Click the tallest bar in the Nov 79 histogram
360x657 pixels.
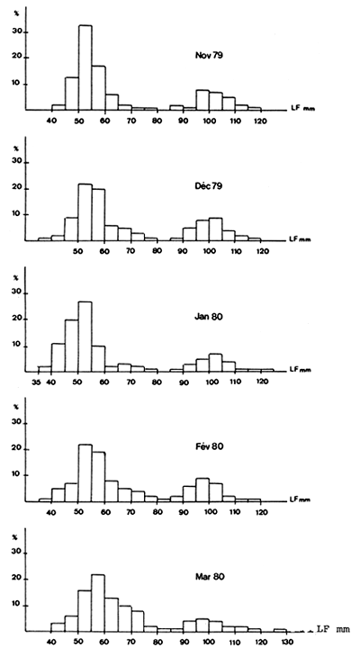[85, 67]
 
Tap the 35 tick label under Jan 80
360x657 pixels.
[35, 382]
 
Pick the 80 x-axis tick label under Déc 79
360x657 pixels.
[156, 252]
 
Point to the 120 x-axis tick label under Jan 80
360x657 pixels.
[261, 382]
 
